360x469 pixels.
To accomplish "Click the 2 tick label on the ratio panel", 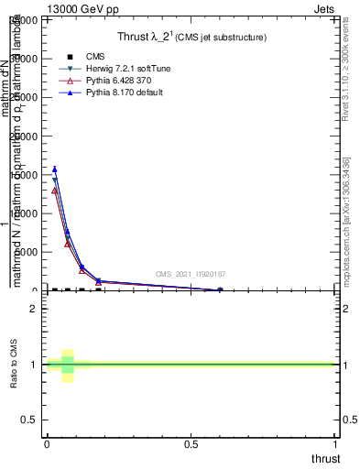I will (x=33, y=309).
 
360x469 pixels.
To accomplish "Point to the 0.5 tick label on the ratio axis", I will (x=27, y=420).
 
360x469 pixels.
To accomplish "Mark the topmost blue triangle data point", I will (x=55, y=169).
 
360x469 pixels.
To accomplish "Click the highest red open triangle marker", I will (x=55, y=191).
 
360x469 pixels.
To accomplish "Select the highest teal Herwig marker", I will (x=55, y=180).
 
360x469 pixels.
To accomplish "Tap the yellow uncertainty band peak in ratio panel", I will (x=67, y=352).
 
